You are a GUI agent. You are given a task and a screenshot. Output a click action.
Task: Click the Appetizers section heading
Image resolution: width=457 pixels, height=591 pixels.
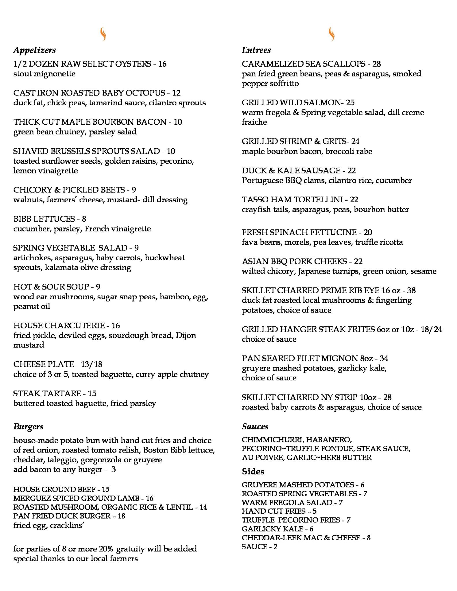point(34,50)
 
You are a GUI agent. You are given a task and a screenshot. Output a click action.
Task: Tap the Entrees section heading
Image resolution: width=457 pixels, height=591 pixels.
point(256,50)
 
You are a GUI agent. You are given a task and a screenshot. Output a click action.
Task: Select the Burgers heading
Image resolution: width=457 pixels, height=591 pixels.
point(28,427)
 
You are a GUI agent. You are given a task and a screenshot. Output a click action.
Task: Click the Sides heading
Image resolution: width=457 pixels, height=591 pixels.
point(253,472)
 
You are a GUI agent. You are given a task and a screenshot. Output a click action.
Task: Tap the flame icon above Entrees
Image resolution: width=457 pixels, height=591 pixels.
point(332,34)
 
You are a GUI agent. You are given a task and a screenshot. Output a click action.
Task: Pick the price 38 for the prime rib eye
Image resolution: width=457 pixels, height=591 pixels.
point(411,290)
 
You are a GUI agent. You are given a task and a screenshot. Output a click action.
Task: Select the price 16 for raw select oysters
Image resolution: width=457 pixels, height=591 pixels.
point(162,64)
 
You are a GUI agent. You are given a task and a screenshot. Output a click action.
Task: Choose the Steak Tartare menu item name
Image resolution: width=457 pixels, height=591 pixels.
point(47,393)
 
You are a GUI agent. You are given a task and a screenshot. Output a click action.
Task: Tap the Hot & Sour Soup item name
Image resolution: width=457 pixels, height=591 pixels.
point(51,287)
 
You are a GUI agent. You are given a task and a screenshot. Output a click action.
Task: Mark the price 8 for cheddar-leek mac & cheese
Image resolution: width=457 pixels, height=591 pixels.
point(369,538)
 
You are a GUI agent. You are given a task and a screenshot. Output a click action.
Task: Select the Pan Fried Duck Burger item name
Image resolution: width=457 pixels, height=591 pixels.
point(62,516)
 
